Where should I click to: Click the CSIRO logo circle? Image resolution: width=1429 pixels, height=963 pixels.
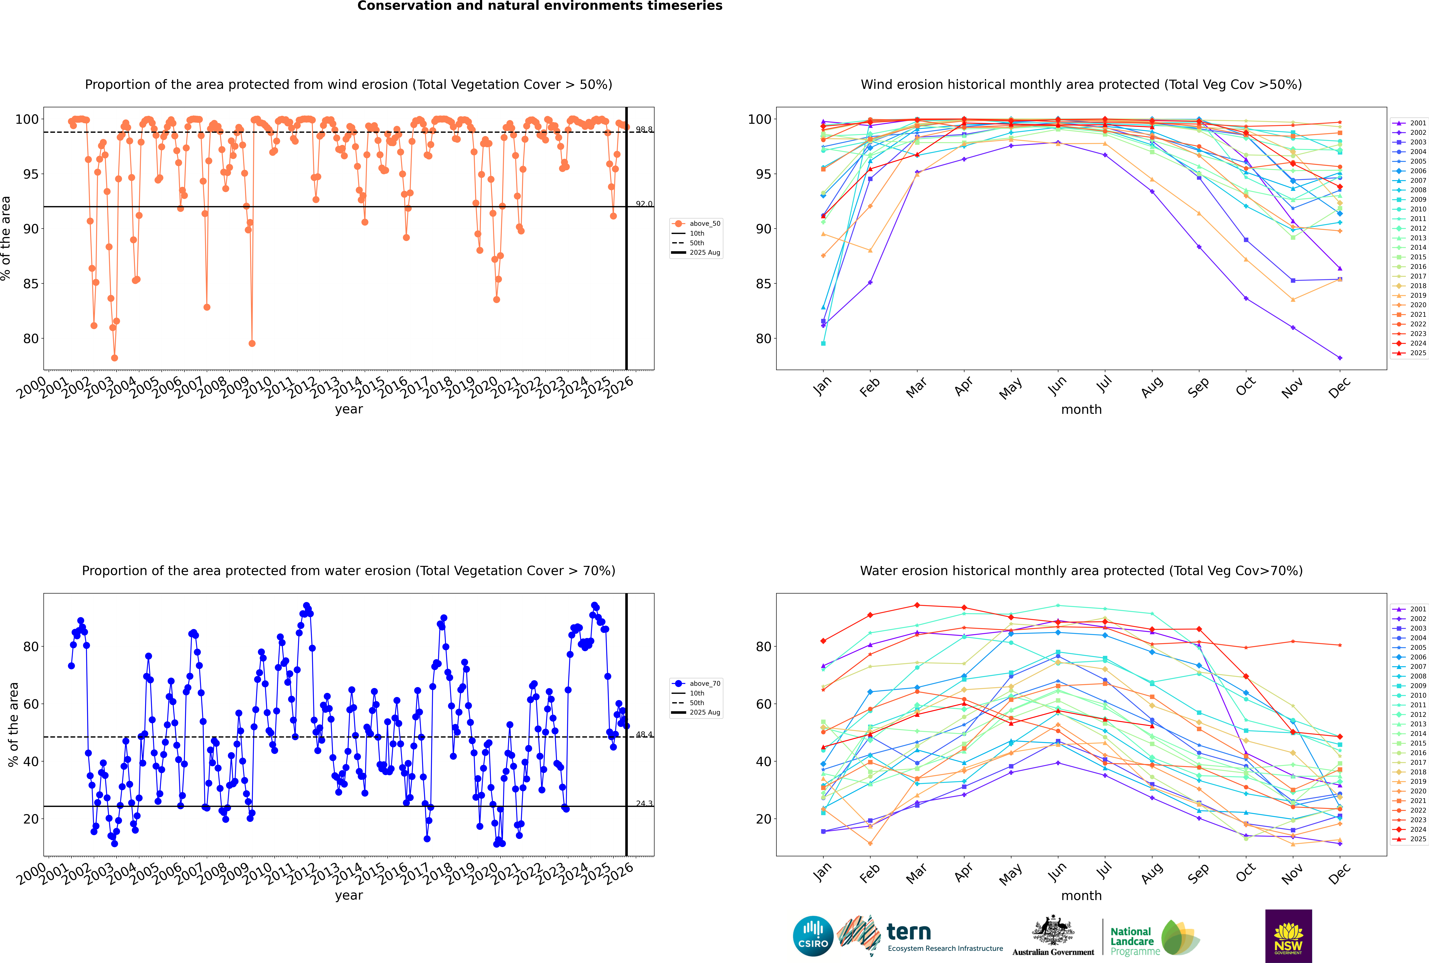click(x=813, y=936)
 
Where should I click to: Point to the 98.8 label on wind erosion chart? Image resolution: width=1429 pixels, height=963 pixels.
click(x=644, y=130)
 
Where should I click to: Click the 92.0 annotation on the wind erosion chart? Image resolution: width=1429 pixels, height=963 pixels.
click(x=644, y=204)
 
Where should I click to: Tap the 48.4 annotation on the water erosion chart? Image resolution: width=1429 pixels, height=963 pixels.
click(x=644, y=735)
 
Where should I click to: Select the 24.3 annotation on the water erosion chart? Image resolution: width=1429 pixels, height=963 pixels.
click(x=644, y=803)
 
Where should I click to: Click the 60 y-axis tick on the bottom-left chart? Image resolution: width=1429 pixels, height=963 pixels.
click(x=31, y=704)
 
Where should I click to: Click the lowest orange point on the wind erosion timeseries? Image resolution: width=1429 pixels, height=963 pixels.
click(x=114, y=358)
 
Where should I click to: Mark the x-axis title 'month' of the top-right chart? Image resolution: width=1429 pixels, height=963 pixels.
click(x=1081, y=410)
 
